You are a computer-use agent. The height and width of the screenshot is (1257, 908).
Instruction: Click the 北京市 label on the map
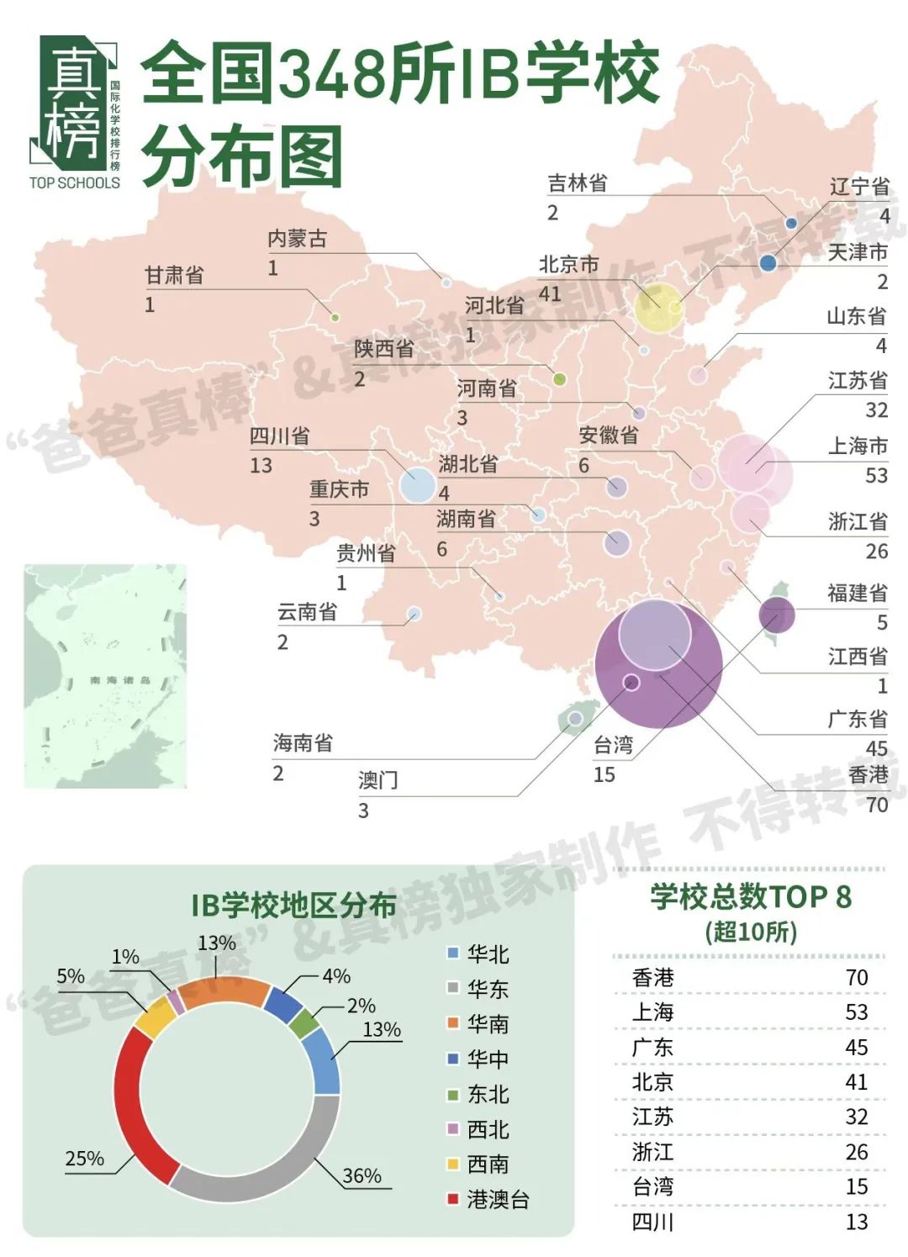click(568, 265)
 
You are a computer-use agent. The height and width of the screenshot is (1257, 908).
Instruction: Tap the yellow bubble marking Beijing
click(658, 308)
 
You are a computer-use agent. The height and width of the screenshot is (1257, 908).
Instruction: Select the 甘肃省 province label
click(174, 275)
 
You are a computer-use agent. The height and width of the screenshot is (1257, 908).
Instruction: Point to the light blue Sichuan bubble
click(417, 484)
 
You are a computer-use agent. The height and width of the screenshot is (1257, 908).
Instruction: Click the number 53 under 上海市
click(876, 476)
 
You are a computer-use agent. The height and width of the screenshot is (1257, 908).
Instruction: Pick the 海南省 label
click(303, 743)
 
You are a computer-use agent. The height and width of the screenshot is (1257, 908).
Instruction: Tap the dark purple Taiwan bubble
click(776, 615)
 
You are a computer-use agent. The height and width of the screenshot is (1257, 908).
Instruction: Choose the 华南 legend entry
click(488, 1024)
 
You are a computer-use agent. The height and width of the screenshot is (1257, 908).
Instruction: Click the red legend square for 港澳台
click(453, 1199)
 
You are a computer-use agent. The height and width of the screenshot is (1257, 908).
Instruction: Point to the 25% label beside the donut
click(85, 1159)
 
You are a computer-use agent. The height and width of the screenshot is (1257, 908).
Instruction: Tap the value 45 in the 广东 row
click(856, 1048)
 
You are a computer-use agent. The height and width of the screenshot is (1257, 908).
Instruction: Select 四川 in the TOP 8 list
click(653, 1222)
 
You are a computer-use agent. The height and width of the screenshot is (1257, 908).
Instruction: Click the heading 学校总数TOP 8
click(750, 897)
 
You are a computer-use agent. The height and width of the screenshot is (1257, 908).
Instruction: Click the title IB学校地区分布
click(293, 906)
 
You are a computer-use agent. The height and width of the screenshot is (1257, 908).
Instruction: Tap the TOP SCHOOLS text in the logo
click(74, 182)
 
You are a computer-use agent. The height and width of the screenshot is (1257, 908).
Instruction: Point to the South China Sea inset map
click(105, 676)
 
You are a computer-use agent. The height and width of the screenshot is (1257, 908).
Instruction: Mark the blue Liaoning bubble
click(768, 263)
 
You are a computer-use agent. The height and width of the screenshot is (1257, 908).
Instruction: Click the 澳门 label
click(377, 780)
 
